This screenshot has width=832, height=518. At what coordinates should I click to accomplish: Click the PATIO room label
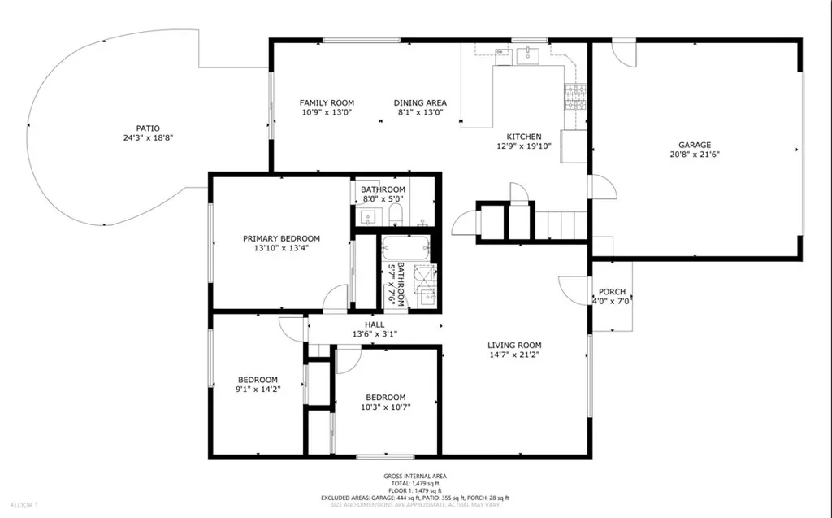coord(148,128)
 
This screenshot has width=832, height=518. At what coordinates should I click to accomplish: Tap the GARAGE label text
coord(695,144)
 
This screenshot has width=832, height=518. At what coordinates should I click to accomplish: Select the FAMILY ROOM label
coord(327,102)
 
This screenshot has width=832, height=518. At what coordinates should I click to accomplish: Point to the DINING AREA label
coord(420,102)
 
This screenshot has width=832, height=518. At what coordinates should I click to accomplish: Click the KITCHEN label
coord(524,137)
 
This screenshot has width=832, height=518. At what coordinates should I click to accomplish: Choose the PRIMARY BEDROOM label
coord(281,238)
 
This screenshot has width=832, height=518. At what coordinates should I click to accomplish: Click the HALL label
coord(375,324)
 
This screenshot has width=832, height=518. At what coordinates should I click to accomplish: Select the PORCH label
coord(612,292)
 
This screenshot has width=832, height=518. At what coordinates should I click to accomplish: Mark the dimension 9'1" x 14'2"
coord(258,390)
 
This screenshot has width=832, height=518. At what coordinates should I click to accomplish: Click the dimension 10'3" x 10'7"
coord(386,407)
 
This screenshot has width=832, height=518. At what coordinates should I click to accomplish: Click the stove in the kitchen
coord(575,97)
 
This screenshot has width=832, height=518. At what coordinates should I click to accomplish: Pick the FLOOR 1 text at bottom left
coord(25,506)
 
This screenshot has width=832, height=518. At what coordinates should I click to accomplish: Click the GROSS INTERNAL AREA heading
coord(415,477)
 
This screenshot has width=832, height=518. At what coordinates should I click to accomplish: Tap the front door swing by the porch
coord(572,289)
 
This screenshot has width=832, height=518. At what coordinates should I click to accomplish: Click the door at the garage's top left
coord(622,53)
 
